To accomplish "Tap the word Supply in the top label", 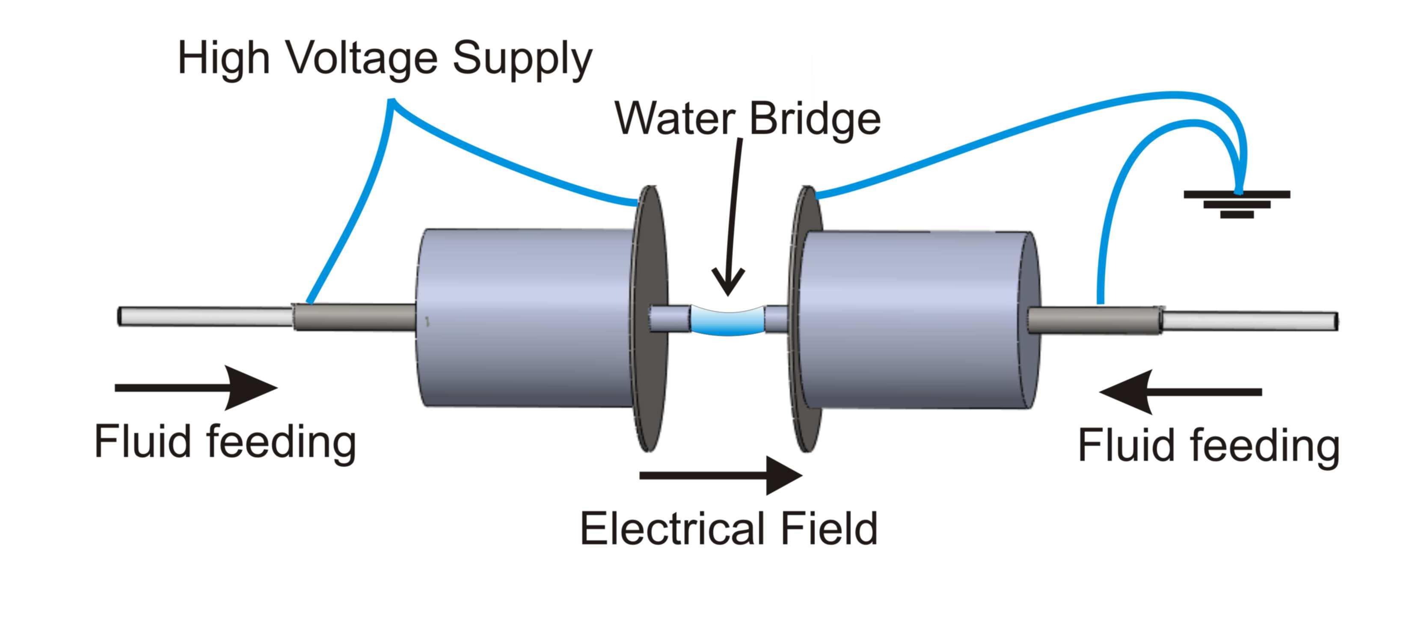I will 522,59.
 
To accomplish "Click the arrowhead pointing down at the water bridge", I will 728,283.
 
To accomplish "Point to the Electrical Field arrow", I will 720,475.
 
